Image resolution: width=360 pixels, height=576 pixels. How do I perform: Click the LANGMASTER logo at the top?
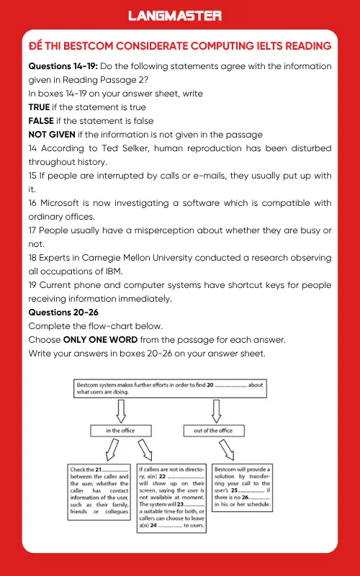click(x=179, y=14)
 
